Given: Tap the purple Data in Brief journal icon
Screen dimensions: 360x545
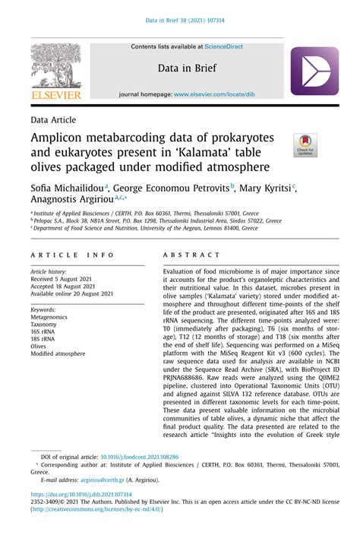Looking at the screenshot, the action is point(314,71).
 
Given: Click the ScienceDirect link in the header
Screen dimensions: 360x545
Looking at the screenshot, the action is point(221,47).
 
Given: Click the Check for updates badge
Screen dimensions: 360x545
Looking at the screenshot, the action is point(305,144).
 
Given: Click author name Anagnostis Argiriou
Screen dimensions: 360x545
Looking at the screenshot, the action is point(68,200).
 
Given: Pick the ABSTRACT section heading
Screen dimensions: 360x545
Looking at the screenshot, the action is point(185,256).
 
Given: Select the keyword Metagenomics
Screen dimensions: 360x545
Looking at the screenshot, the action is point(49,318).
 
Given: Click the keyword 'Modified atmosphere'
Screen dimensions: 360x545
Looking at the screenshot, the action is point(58,353).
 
